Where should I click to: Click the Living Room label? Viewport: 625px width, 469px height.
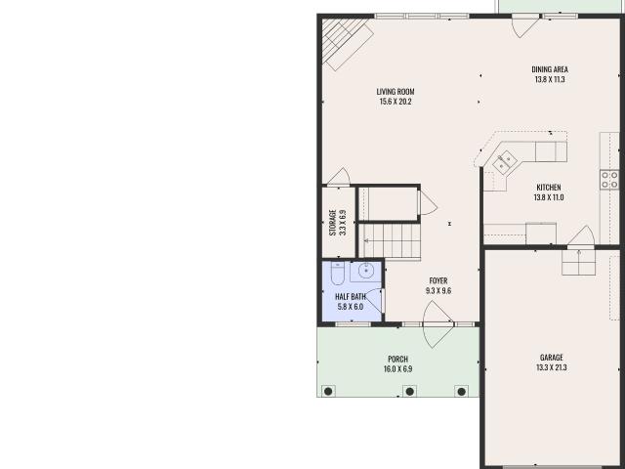[x=396, y=97]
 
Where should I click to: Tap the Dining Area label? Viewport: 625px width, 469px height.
[x=550, y=74]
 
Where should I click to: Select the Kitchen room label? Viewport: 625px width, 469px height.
[x=549, y=192]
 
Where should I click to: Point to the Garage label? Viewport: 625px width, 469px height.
[x=551, y=362]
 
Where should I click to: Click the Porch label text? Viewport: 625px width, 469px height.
[x=397, y=364]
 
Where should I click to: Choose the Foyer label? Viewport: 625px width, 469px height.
[x=438, y=285]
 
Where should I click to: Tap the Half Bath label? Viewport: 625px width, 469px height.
[x=351, y=302]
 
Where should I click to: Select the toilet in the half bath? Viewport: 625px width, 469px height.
[x=338, y=274]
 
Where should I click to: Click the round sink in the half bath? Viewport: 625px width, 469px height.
[x=366, y=271]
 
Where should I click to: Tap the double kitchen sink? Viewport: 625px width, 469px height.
[x=505, y=162]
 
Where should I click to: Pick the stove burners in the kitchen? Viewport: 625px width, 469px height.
[x=609, y=179]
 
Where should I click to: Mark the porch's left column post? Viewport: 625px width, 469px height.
[x=328, y=391]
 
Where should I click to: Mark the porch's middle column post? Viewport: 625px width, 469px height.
[x=410, y=391]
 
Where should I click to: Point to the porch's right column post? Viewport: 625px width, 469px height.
[x=462, y=391]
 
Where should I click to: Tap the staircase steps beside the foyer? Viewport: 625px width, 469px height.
[x=390, y=241]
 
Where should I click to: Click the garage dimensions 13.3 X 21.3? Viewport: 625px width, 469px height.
[x=551, y=367]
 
